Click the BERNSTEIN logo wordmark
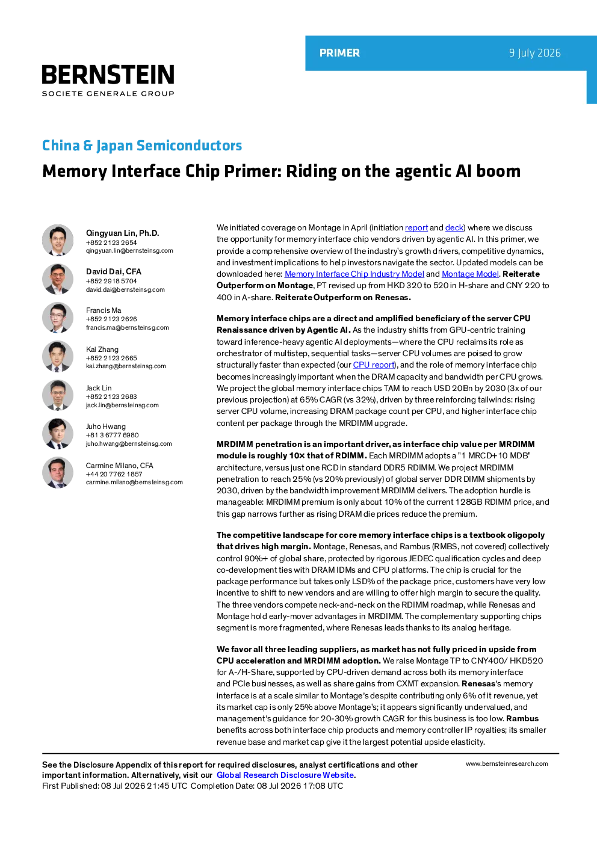[x=108, y=74]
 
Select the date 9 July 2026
[x=534, y=53]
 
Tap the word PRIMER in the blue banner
[x=339, y=53]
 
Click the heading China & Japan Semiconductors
[x=141, y=146]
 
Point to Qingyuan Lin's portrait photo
[x=58, y=240]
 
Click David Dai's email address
[x=125, y=289]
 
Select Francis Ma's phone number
[x=111, y=319]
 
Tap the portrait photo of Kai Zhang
[x=58, y=357]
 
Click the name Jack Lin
[x=99, y=388]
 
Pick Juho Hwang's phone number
[x=113, y=435]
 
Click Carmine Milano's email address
[x=134, y=482]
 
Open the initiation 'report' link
[x=416, y=227]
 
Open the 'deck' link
[x=454, y=227]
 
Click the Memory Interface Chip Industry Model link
[x=354, y=274]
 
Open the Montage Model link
[x=470, y=274]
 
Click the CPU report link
[x=374, y=365]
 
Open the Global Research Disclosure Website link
[x=285, y=775]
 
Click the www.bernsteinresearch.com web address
[x=507, y=764]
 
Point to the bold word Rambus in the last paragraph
[x=522, y=718]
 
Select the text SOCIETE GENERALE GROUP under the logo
[x=108, y=93]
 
